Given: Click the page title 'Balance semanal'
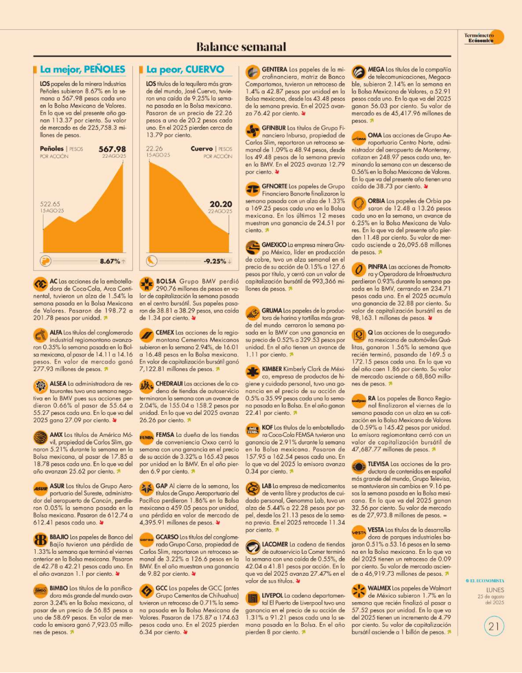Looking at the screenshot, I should click(242, 47).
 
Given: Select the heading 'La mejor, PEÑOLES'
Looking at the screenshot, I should click(83, 70).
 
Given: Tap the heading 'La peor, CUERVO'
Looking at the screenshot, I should click(185, 70).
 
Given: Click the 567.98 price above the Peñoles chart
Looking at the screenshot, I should click(112, 149).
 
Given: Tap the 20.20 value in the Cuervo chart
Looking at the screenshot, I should click(221, 204).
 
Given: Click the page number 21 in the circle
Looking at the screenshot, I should click(494, 626).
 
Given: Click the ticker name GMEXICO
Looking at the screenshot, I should click(273, 244).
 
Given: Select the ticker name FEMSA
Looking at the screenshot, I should click(165, 433).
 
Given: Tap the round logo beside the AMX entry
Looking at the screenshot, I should click(40, 437).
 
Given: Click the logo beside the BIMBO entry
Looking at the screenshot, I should click(40, 591).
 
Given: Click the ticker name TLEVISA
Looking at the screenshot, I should click(379, 464).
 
